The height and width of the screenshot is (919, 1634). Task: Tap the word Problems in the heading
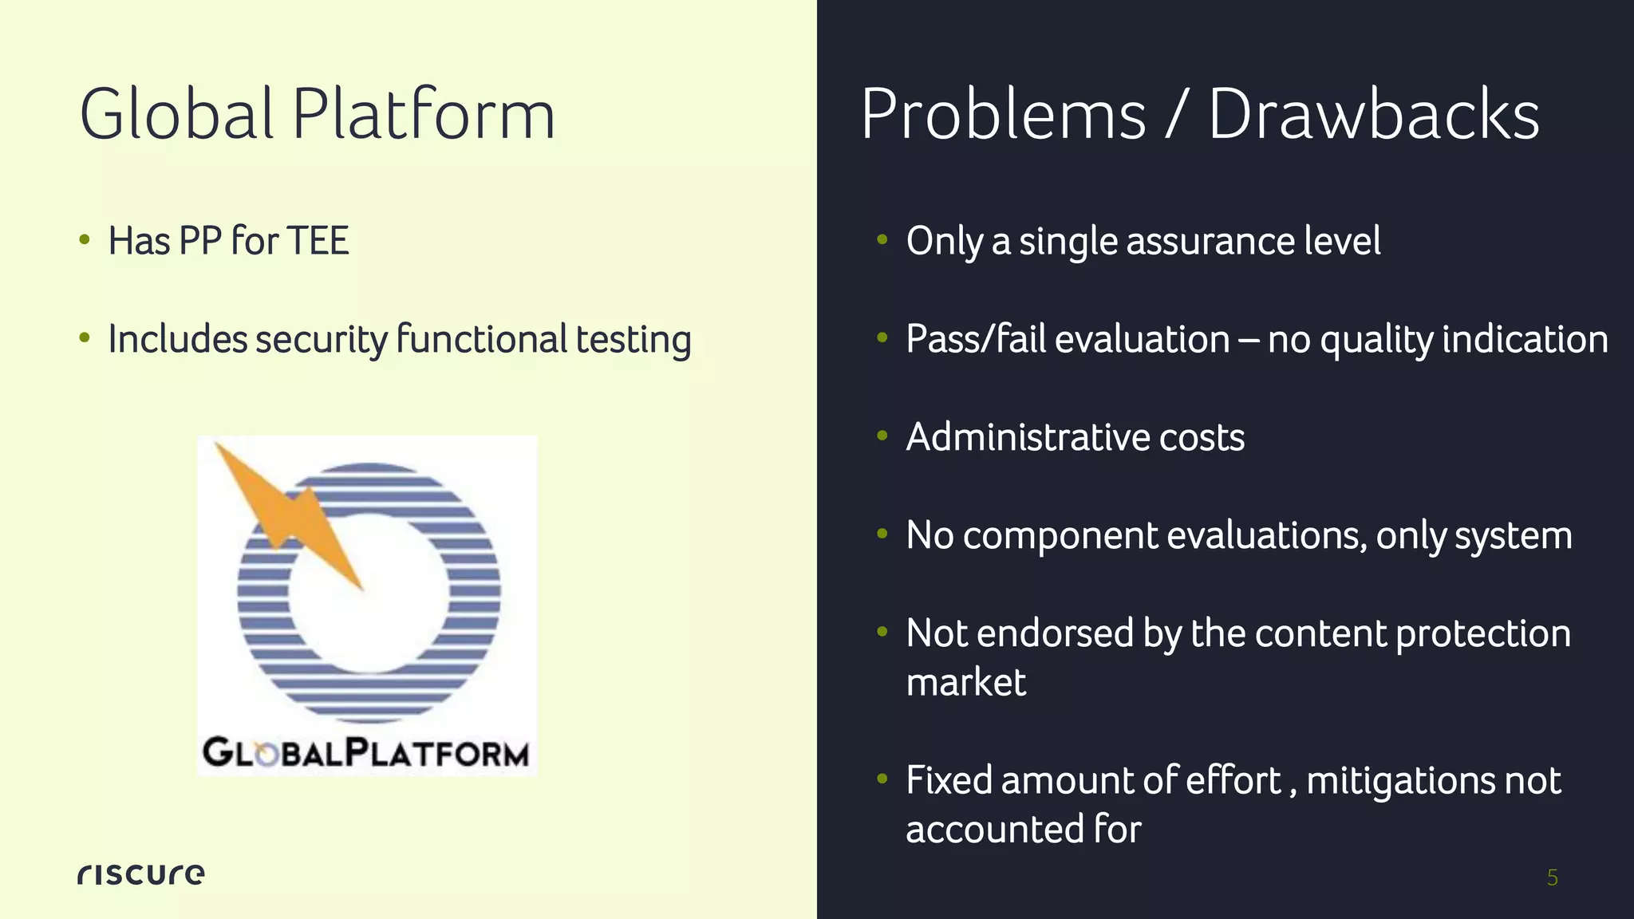pos(1003,116)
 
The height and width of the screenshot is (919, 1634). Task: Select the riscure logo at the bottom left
pos(141,874)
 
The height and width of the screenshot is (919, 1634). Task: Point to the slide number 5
pos(1552,878)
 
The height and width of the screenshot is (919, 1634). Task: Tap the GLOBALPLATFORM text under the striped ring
pos(365,752)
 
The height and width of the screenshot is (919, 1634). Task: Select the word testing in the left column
pos(633,340)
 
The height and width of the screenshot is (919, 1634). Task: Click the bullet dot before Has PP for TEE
pos(85,240)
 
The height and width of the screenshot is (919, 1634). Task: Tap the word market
pos(965,682)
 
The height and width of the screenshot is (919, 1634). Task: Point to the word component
pos(1060,535)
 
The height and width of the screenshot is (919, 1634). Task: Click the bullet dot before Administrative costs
pos(882,436)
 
